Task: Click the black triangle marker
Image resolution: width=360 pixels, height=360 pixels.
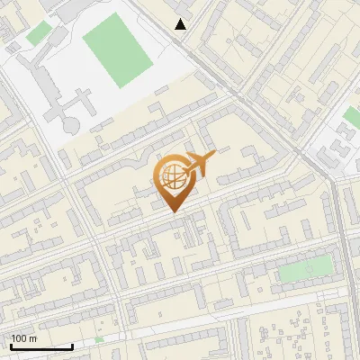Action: click(181, 24)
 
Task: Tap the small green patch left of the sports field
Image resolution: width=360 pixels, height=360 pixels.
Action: click(39, 34)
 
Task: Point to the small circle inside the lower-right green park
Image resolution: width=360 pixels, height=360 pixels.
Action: click(310, 267)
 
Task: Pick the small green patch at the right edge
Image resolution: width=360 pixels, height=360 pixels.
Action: click(352, 117)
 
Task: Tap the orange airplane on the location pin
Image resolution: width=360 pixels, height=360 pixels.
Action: click(198, 164)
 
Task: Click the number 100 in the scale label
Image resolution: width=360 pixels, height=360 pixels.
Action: click(19, 338)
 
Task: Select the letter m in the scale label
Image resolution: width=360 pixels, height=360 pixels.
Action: click(32, 338)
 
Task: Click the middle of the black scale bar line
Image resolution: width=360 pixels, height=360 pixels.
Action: click(42, 346)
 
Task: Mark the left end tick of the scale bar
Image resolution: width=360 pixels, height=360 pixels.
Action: click(12, 345)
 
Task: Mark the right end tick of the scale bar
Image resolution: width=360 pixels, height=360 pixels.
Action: click(73, 345)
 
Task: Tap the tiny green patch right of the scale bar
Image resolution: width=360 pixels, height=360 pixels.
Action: click(99, 339)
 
